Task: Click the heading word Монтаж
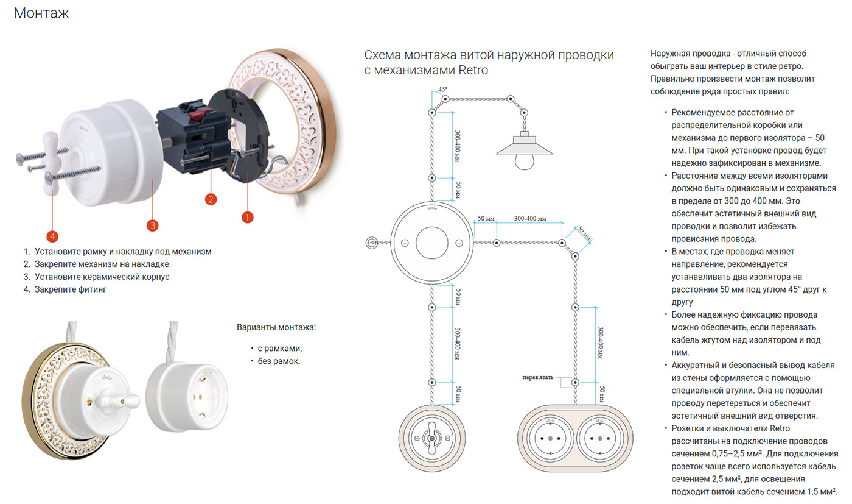pos(41,13)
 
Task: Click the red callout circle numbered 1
pos(247,216)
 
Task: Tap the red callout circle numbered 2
pos(211,199)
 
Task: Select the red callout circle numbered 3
pos(153,225)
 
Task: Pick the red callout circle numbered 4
pos(54,235)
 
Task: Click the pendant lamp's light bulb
pos(524,160)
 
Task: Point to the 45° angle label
pos(442,89)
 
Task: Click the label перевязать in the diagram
pos(537,377)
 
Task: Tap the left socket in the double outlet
pos(550,439)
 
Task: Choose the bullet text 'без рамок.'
pos(279,361)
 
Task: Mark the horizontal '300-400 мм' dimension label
pos(529,218)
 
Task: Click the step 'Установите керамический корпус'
pos(102,277)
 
